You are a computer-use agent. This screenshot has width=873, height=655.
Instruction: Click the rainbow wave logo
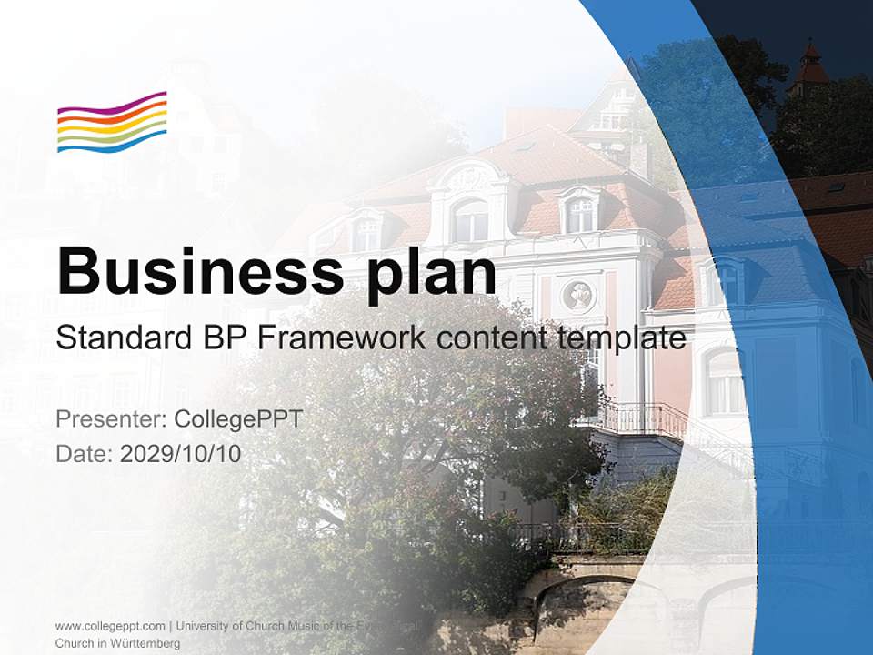pos(112,122)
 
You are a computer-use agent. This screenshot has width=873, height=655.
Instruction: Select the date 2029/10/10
pos(181,453)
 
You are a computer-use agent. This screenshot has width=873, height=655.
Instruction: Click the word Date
pos(83,453)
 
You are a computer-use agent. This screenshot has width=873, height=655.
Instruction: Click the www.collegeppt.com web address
pos(110,626)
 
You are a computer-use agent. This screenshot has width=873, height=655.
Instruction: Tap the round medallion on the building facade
pos(577,294)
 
